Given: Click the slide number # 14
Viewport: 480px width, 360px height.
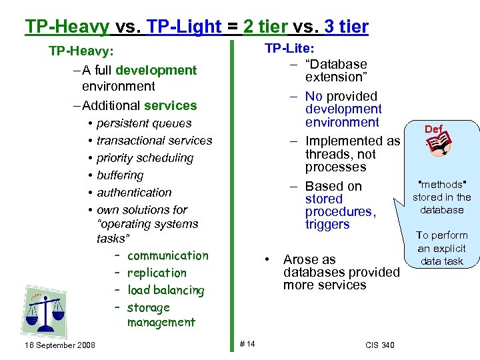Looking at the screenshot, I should [247, 343].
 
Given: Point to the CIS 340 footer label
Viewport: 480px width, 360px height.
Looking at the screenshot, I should [380, 345].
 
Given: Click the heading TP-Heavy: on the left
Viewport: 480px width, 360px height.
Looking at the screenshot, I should [81, 51].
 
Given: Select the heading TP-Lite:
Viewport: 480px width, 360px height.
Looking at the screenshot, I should [290, 48].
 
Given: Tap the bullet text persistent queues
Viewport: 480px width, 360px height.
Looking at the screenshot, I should [143, 123].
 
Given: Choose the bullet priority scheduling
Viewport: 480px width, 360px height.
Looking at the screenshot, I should [145, 158].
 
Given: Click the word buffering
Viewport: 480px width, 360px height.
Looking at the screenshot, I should [120, 175].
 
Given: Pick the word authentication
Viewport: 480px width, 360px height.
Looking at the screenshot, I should [134, 193].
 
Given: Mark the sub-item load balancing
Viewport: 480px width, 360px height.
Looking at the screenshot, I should [165, 290].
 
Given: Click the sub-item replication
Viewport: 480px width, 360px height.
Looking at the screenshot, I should [157, 273].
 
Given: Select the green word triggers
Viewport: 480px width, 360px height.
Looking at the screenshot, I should [327, 225].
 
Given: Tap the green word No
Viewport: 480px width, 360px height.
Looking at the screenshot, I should [313, 97].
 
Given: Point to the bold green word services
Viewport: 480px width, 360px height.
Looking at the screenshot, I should [170, 105].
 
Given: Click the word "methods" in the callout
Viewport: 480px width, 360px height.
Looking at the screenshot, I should [441, 185].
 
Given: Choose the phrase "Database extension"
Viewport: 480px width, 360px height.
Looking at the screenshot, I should [336, 71].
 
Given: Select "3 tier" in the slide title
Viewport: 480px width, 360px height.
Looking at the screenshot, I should [346, 27].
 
